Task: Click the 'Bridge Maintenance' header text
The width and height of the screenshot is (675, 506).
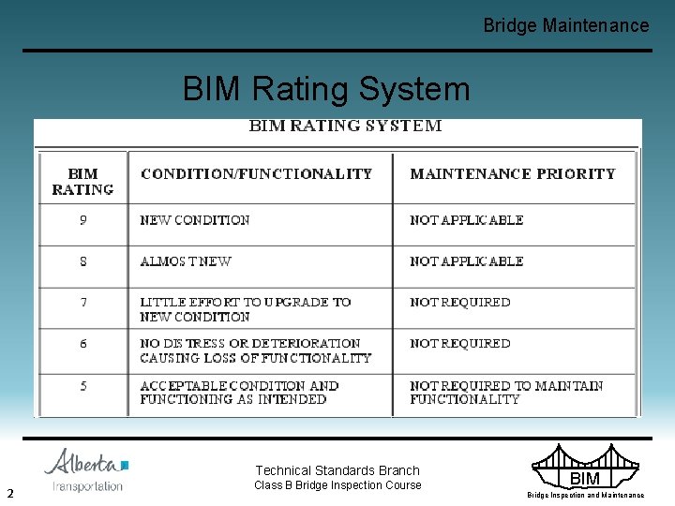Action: [x=565, y=25]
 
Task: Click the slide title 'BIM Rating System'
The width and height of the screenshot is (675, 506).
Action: [x=326, y=89]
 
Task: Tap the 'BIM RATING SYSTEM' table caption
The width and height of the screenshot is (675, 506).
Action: [x=345, y=126]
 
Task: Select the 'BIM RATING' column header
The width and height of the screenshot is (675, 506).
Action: [x=82, y=181]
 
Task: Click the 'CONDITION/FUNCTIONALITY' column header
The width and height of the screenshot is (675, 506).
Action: [x=256, y=173]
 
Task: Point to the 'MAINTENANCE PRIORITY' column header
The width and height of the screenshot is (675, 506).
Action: [x=512, y=173]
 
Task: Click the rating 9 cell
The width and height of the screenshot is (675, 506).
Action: [x=83, y=220]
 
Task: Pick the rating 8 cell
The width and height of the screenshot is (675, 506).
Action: [x=83, y=261]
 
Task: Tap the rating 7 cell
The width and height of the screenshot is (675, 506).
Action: [x=83, y=303]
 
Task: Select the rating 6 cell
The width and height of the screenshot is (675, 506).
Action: [x=83, y=344]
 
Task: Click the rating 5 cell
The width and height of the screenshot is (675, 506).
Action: [x=83, y=385]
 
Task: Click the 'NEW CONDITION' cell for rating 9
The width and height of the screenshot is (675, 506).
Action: [x=195, y=220]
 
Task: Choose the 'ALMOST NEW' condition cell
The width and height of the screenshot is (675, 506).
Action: [x=186, y=261]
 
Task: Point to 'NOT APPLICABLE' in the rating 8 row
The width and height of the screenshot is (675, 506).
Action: [x=466, y=261]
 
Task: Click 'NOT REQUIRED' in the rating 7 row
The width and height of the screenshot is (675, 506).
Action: [x=460, y=303]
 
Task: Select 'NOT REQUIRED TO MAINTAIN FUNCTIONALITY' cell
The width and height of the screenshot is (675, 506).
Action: [x=506, y=392]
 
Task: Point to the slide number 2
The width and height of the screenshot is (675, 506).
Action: [x=9, y=493]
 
